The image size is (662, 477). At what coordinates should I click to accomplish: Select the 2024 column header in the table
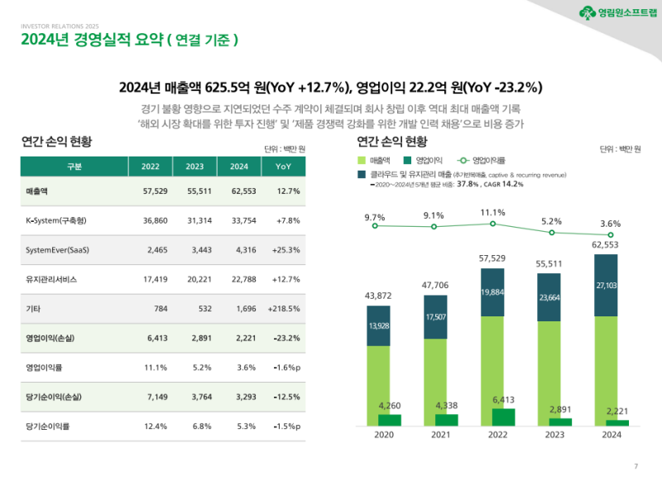click(x=239, y=166)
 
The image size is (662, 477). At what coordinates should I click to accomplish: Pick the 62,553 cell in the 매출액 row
click(x=239, y=191)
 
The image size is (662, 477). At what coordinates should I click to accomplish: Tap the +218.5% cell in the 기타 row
click(x=284, y=308)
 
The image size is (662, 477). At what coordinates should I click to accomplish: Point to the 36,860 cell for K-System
click(x=151, y=221)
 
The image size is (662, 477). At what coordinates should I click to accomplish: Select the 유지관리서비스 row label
click(x=51, y=279)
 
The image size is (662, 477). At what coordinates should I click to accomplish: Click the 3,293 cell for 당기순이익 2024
click(x=239, y=397)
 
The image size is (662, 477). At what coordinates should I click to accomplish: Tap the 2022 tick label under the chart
click(x=497, y=435)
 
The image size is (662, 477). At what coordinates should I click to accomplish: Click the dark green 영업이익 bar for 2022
click(x=497, y=417)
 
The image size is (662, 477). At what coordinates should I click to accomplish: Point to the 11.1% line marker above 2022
click(x=492, y=224)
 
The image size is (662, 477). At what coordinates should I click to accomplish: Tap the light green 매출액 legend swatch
click(x=362, y=158)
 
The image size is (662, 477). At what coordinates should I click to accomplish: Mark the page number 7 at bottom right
click(x=636, y=465)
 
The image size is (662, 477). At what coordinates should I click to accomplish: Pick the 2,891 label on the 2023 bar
click(x=554, y=409)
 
